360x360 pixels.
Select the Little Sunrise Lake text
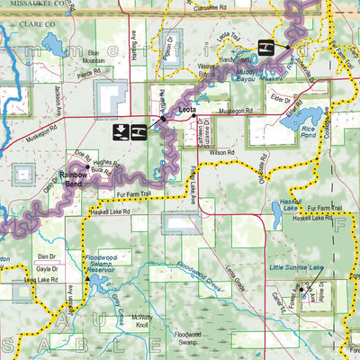tap(294, 267)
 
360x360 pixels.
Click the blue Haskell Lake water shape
tap(277, 212)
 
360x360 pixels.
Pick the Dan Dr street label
tap(47, 256)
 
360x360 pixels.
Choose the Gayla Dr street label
tap(47, 269)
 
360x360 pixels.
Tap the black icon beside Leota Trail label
tap(267, 47)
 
